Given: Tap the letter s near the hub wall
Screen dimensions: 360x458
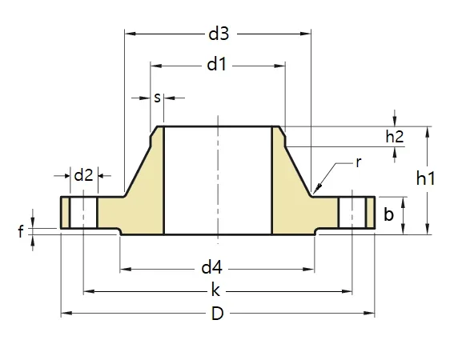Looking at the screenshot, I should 157,98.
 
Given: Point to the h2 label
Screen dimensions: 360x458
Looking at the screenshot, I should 395,136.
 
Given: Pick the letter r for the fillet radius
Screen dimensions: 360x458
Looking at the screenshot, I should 359,162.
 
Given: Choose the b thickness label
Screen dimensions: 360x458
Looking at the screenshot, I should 388,214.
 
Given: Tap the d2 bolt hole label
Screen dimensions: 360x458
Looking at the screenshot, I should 83,174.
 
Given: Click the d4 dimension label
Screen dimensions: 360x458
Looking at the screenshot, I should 211,266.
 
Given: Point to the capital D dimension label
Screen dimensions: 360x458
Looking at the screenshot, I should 217,314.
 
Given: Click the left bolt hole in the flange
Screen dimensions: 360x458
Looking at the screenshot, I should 83,214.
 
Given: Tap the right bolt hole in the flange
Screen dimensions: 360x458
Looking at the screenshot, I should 352,214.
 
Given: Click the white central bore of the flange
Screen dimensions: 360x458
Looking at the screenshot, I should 218,180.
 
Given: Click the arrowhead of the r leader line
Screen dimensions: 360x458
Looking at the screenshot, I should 318,190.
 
